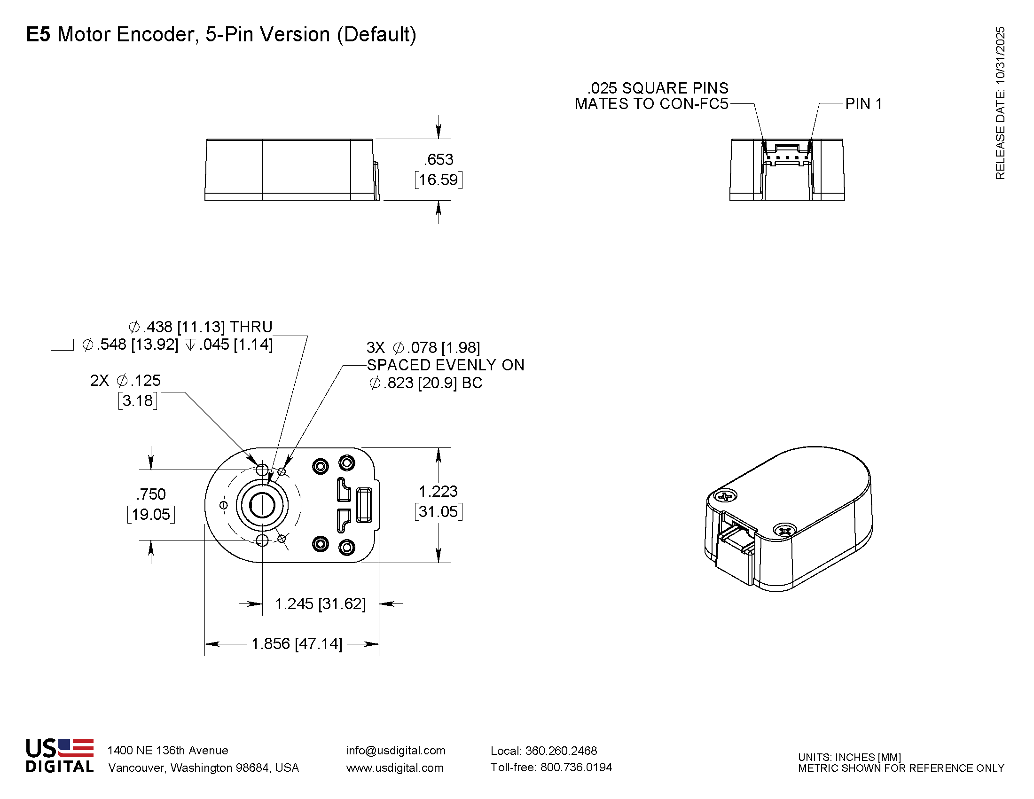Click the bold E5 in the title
coord(38,35)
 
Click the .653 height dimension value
coord(439,159)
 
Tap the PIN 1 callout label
coord(863,104)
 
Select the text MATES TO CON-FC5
coord(651,104)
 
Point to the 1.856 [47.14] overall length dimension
coord(297,644)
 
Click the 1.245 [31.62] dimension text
coord(321,603)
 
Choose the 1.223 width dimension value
coord(439,491)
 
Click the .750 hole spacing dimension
coord(151,494)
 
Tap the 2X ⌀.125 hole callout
coord(125,381)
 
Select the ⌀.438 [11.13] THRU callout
coord(201,327)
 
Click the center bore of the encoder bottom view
coord(262,505)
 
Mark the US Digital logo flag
coord(76,747)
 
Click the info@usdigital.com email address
coord(396,750)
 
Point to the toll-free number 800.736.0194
coord(576,768)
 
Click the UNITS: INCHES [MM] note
coord(849,757)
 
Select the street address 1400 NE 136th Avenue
coord(168,750)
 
